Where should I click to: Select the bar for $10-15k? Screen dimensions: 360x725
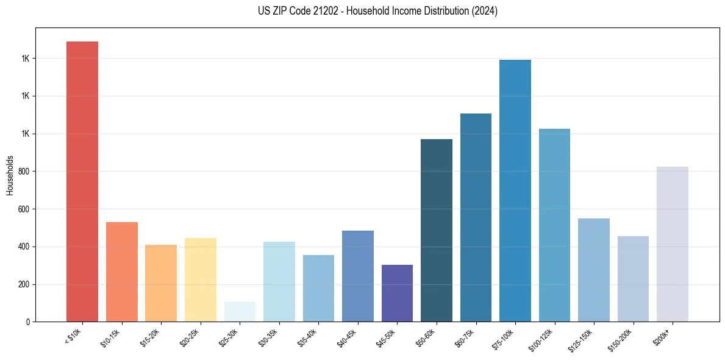(x=121, y=272)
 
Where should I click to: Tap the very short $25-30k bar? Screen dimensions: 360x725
(x=240, y=311)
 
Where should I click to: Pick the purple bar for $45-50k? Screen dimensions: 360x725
(x=397, y=293)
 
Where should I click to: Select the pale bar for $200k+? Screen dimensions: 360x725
(x=673, y=244)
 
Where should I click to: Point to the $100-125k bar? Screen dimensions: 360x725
(x=554, y=225)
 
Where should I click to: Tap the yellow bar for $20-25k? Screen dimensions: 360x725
(x=200, y=279)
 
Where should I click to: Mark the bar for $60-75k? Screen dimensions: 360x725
(x=476, y=217)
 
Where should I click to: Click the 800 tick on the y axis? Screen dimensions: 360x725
(x=24, y=171)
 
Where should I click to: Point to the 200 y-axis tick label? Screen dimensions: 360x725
(x=24, y=284)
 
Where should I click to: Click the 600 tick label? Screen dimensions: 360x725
(x=24, y=209)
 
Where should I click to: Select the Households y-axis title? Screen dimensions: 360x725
(x=10, y=175)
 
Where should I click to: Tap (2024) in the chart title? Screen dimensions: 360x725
(x=485, y=11)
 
